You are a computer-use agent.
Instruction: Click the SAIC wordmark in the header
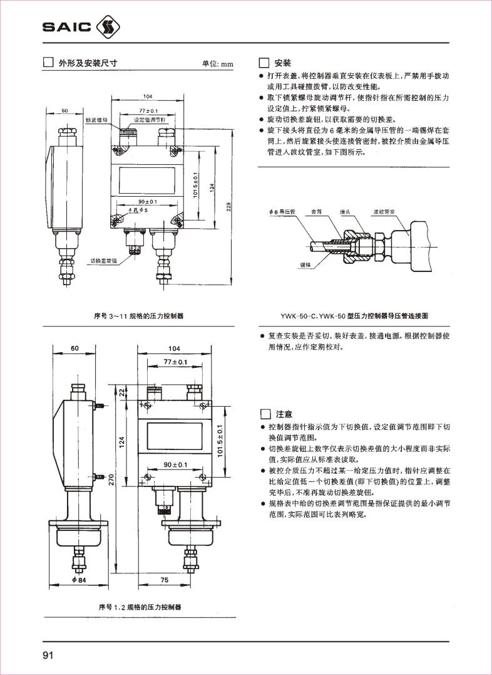click(66, 27)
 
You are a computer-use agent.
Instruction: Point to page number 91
click(48, 656)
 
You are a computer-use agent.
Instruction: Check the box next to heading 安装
click(264, 63)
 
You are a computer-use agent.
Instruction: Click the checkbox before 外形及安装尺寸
click(47, 63)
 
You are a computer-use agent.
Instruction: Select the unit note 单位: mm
click(217, 64)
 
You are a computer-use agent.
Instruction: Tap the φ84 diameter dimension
click(78, 580)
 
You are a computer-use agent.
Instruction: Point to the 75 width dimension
click(165, 580)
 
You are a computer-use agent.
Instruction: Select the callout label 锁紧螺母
click(96, 118)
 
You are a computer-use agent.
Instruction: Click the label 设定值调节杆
click(148, 118)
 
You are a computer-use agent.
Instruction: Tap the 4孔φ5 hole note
click(138, 210)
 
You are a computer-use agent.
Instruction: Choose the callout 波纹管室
click(382, 212)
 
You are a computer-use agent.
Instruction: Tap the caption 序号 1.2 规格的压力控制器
click(141, 607)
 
